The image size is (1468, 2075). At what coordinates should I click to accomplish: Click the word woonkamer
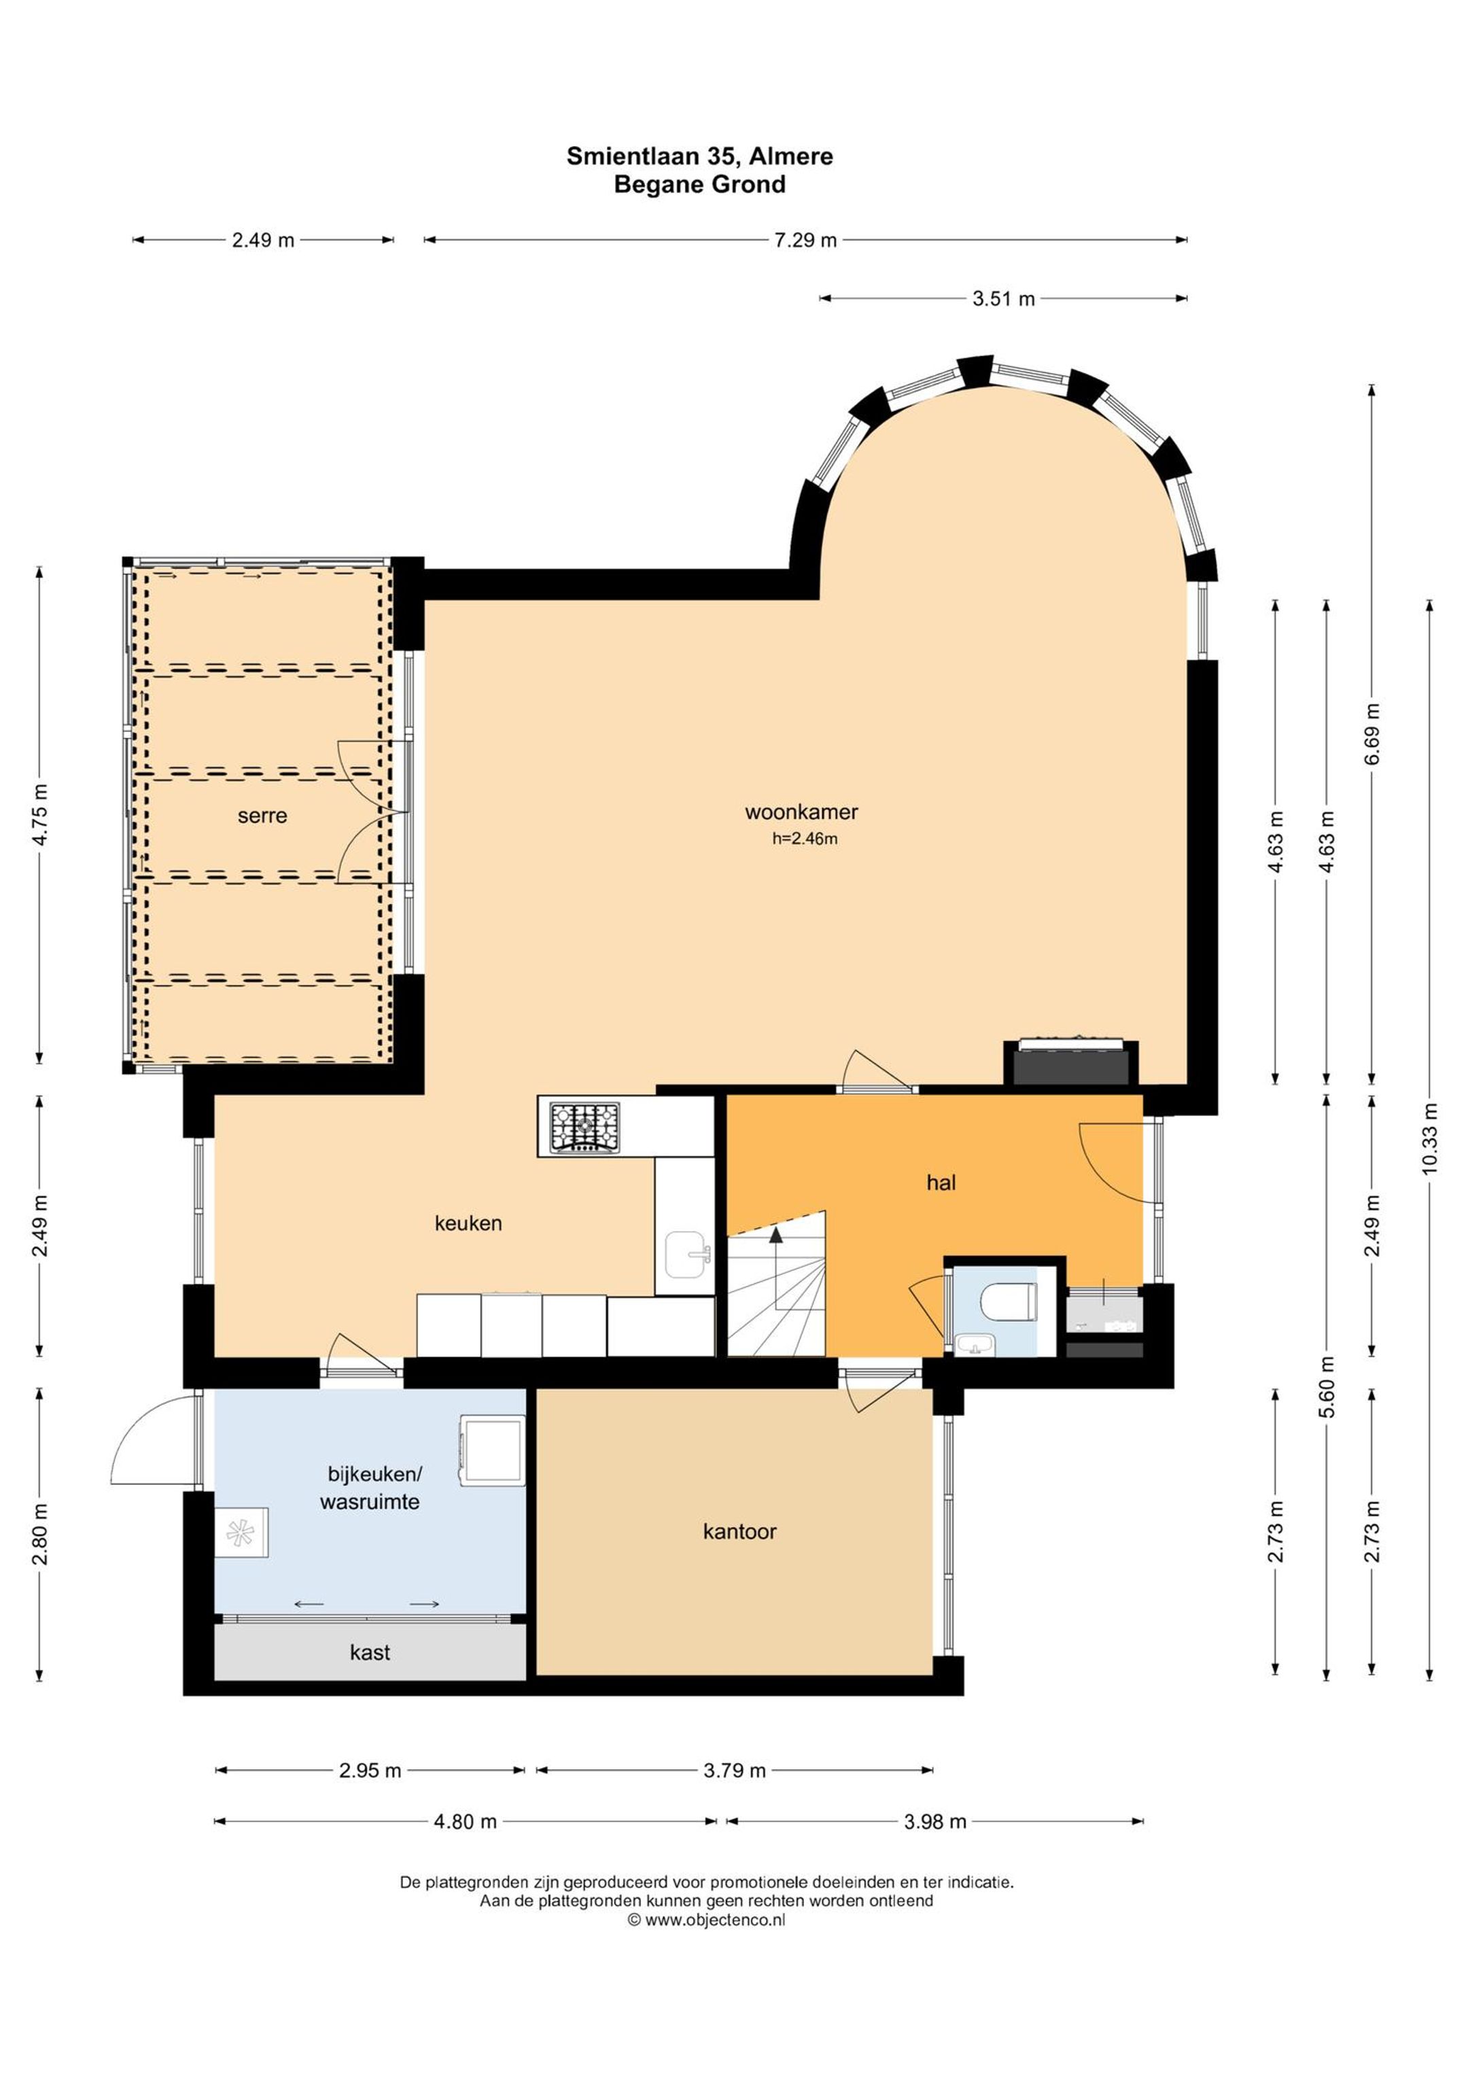click(801, 812)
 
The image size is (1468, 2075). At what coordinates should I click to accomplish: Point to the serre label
click(262, 816)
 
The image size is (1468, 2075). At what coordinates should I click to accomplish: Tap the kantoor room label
click(739, 1532)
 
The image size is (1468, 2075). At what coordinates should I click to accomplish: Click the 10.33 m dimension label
click(1429, 1138)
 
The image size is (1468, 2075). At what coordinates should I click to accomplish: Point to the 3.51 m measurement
click(1003, 299)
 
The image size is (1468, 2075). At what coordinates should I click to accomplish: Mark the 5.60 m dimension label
click(1327, 1388)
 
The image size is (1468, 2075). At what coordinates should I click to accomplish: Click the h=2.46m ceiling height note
click(805, 839)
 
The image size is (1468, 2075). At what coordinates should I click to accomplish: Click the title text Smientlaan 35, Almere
click(699, 156)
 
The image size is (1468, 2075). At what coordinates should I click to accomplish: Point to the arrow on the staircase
click(775, 1268)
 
